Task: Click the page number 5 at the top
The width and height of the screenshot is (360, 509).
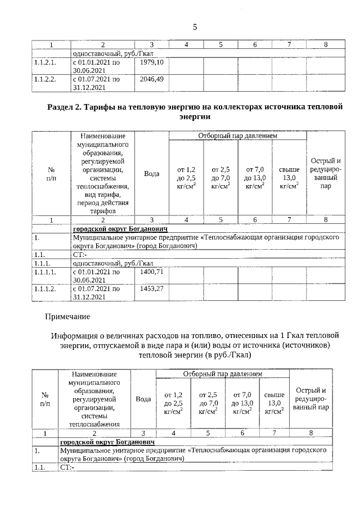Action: pos(195,26)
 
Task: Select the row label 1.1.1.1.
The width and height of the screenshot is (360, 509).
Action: pos(47,272)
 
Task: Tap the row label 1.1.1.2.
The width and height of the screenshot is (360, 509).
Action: pos(47,289)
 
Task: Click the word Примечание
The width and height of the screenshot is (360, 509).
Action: pos(67,317)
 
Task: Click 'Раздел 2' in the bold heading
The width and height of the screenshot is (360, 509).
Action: pos(65,107)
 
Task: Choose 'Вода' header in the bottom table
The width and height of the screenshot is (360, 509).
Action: pos(143,399)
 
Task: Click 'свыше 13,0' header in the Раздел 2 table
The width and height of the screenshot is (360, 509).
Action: pos(289,177)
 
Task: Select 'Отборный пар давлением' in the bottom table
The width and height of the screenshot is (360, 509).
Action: pos(222,374)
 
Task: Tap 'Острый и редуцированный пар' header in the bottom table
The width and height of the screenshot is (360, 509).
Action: pos(311,399)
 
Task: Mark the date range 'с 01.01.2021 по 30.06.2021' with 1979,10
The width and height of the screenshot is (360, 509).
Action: pos(97,66)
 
